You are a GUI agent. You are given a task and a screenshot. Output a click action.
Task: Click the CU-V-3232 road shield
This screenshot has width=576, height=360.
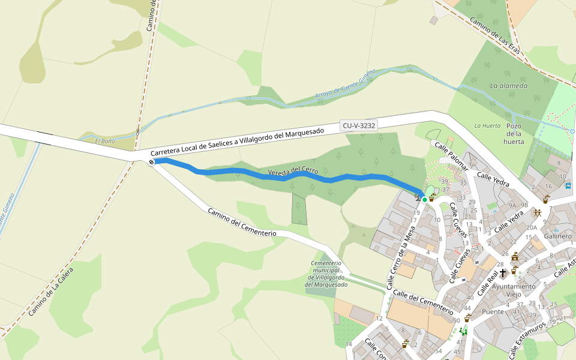click(359, 126)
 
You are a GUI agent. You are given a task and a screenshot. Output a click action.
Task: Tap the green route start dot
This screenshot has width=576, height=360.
click(425, 199)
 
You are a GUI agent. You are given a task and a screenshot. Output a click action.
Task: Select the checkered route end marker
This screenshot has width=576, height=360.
click(151, 161)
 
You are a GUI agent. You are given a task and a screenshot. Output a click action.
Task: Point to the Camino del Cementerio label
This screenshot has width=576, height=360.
click(241, 222)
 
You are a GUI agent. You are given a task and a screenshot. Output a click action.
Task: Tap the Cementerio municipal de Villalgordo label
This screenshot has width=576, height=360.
click(326, 274)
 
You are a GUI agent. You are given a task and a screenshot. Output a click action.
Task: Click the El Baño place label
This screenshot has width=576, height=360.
click(104, 141)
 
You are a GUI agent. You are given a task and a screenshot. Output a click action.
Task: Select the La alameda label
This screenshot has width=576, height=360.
click(508, 86)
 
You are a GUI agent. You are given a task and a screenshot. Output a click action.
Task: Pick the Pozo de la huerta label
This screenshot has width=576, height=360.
click(514, 134)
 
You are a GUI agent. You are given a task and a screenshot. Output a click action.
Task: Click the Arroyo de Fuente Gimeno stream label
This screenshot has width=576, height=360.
click(345, 84)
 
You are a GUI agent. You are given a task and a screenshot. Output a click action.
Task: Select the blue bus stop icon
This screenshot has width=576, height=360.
click(568, 185)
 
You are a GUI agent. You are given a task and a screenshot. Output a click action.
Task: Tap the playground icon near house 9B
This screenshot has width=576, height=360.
click(538, 213)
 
